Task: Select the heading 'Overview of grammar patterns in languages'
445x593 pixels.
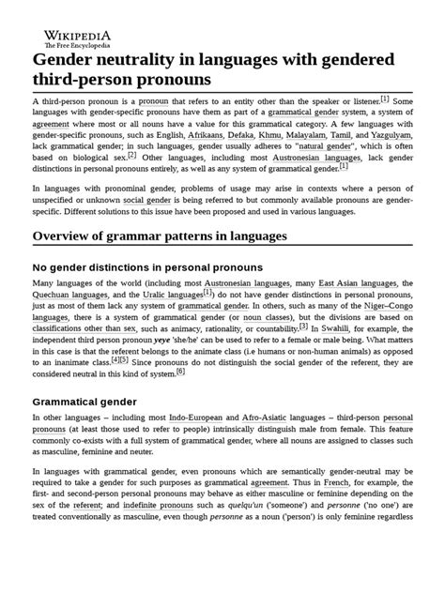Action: coord(160,236)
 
